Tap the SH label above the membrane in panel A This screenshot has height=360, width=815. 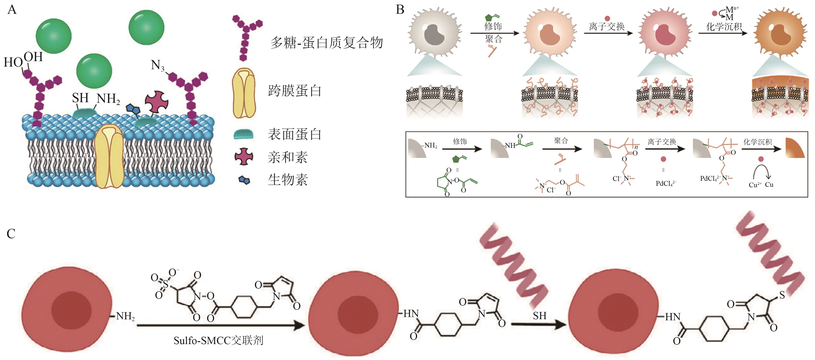pyautogui.click(x=80, y=98)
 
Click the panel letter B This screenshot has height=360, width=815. pyautogui.click(x=400, y=10)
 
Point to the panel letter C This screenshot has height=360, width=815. pyautogui.click(x=11, y=234)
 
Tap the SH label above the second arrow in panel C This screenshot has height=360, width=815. pyautogui.click(x=539, y=316)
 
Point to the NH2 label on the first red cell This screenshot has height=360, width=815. pyautogui.click(x=125, y=316)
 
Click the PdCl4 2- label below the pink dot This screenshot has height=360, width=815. pyautogui.click(x=666, y=183)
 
